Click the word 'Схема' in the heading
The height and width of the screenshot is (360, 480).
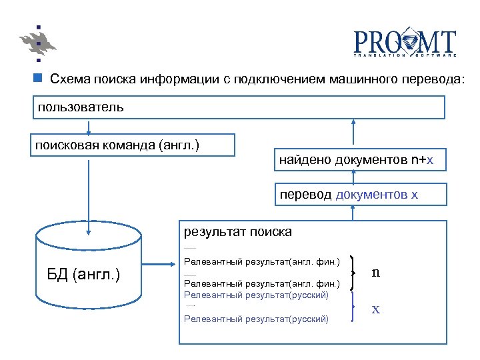(70, 79)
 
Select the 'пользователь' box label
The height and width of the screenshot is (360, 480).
(80, 107)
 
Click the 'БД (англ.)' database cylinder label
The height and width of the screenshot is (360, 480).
(83, 274)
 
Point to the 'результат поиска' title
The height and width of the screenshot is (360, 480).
(237, 232)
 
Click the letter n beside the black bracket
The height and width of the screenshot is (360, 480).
(376, 272)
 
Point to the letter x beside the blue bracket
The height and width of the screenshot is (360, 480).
(376, 309)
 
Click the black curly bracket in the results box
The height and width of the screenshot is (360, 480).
(352, 273)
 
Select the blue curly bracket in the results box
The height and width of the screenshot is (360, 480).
(352, 308)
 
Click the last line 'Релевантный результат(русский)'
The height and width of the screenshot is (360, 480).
(256, 319)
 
